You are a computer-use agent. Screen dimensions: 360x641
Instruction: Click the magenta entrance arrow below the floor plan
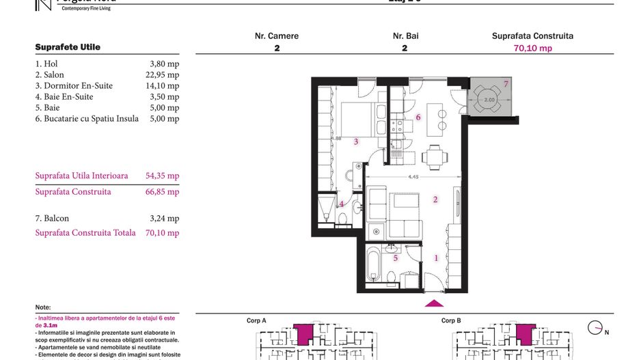pyautogui.click(x=434, y=303)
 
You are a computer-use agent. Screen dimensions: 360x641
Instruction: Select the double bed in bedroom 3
pyautogui.click(x=359, y=120)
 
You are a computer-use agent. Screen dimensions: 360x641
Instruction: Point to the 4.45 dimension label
pyautogui.click(x=413, y=178)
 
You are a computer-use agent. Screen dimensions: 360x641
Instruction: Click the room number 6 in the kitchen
pyautogui.click(x=418, y=117)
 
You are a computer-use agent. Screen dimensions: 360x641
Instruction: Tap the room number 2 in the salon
pyautogui.click(x=435, y=199)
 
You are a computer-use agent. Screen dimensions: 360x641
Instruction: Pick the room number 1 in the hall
pyautogui.click(x=436, y=258)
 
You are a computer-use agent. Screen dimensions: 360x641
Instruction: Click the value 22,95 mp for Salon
pyautogui.click(x=164, y=75)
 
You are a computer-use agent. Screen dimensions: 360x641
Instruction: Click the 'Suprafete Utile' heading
pyautogui.click(x=68, y=47)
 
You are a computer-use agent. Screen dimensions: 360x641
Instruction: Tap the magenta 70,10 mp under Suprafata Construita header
pyautogui.click(x=532, y=49)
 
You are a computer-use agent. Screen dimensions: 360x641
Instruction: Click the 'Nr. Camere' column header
pyautogui.click(x=277, y=36)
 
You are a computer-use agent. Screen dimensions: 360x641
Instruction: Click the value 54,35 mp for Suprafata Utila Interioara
pyautogui.click(x=163, y=176)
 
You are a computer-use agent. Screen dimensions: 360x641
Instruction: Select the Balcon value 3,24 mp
pyautogui.click(x=164, y=219)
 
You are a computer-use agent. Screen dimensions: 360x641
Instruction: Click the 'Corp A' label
pyautogui.click(x=256, y=320)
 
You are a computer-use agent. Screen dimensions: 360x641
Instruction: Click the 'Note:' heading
pyautogui.click(x=43, y=307)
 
